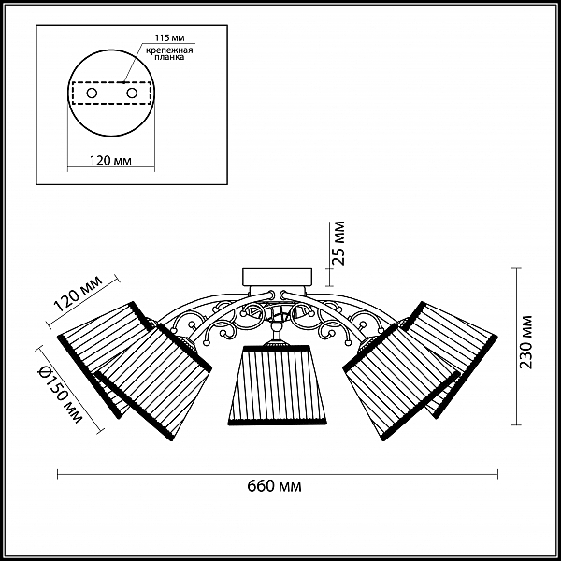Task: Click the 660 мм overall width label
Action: pos(274,486)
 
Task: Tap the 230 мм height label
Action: pos(525,342)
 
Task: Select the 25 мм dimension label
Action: pos(338,243)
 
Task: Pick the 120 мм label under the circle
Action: pos(110,160)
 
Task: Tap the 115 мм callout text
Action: pos(169,38)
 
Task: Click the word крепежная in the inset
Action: pos(169,50)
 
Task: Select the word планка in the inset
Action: pos(169,57)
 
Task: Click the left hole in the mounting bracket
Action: pos(92,93)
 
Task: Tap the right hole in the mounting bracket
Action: pos(132,93)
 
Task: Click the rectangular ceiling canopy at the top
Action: pos(278,278)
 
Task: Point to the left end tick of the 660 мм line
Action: pos(58,474)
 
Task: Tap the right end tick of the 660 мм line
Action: pos(497,474)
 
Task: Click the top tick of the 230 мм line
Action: pos(516,268)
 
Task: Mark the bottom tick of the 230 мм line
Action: pos(516,424)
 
